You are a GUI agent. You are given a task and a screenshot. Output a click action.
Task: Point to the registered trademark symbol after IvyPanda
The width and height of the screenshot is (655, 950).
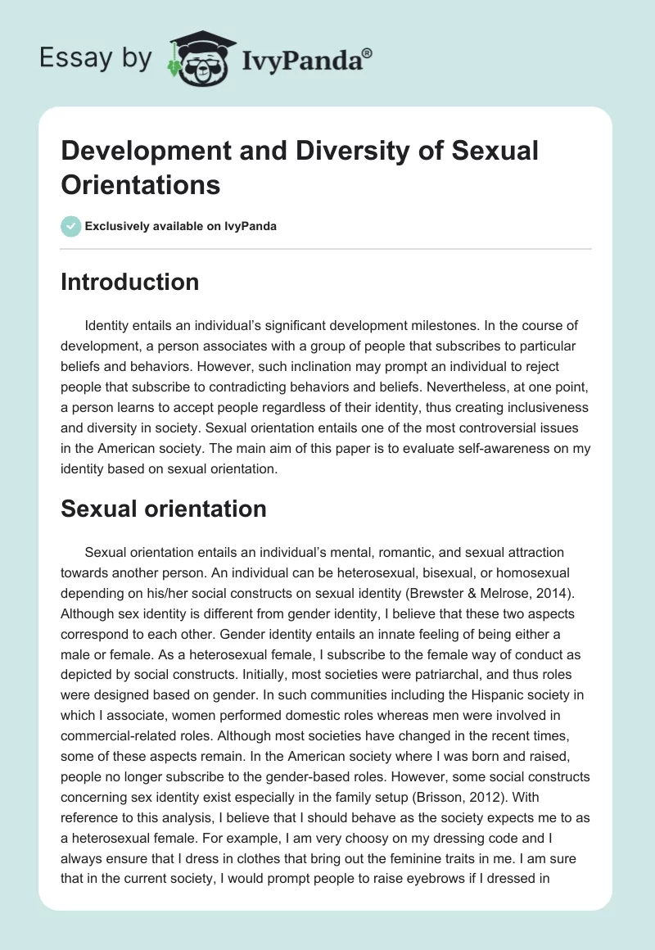click(x=368, y=53)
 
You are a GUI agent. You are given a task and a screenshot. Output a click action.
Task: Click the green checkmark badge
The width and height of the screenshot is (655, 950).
click(x=71, y=226)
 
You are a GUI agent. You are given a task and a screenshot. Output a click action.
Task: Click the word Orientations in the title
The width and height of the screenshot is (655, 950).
click(x=141, y=185)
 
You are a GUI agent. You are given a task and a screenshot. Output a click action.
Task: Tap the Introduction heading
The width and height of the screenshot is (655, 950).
click(x=130, y=283)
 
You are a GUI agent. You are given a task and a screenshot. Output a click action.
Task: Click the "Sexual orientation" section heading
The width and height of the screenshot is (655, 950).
click(x=164, y=509)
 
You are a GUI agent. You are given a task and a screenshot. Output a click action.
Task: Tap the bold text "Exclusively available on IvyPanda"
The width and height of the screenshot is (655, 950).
click(x=182, y=226)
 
